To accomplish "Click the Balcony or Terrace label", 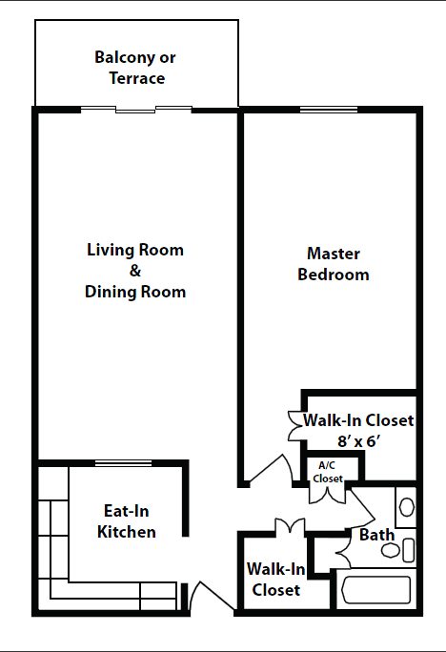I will (x=135, y=68).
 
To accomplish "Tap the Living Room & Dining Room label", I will (x=135, y=271).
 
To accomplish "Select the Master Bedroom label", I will (x=333, y=264).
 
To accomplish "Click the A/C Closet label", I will (x=328, y=472).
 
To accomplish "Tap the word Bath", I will (x=376, y=535).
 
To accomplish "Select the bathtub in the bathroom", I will (x=375, y=591).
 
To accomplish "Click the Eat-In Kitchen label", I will (x=127, y=520).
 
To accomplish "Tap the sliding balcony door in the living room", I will (x=136, y=110).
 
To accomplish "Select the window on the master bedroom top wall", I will (x=329, y=111).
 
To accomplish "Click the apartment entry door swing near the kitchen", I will (x=205, y=598).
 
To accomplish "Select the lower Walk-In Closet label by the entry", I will (x=275, y=580).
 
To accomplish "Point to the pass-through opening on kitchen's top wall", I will (x=124, y=464).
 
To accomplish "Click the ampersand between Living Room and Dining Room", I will (x=135, y=271).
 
